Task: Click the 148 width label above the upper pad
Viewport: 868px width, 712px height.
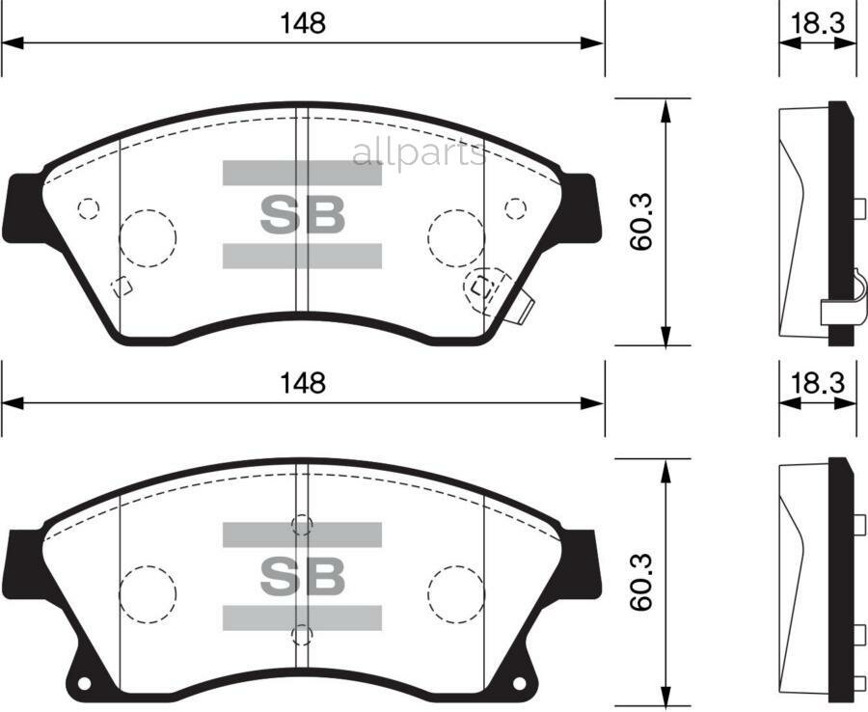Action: (x=303, y=23)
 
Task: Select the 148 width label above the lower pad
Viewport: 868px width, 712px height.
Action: (x=303, y=383)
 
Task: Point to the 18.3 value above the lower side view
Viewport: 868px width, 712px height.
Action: (x=818, y=383)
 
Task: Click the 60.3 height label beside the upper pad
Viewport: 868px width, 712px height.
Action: (x=641, y=222)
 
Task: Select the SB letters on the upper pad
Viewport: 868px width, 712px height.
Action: (x=302, y=215)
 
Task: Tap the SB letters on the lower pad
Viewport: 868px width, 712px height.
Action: (x=302, y=577)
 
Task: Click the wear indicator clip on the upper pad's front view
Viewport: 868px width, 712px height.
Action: (x=520, y=308)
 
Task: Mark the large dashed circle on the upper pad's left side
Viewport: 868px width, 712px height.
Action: (x=147, y=237)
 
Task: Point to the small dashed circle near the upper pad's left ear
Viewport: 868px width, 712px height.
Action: (x=88, y=208)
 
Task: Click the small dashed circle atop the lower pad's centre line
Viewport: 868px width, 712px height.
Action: (x=302, y=526)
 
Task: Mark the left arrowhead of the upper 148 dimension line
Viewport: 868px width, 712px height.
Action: (x=12, y=42)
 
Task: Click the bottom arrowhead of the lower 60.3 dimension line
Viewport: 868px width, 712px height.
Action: (x=665, y=697)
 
